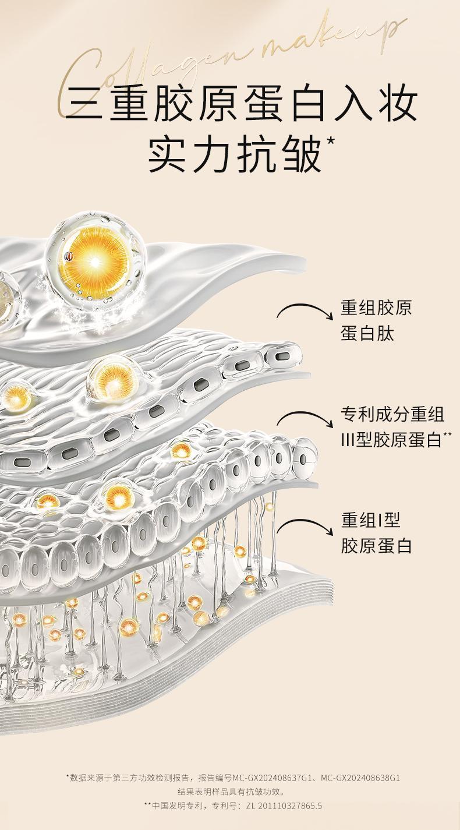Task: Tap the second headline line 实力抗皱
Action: [x=235, y=154]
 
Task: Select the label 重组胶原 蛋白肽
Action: [x=376, y=320]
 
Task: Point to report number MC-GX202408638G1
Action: [x=360, y=778]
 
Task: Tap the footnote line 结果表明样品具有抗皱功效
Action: [x=231, y=792]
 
